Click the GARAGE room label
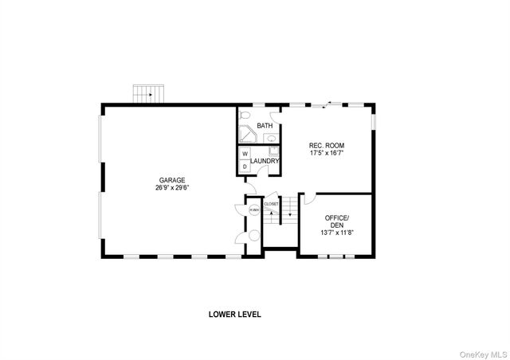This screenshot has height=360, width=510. [171, 180]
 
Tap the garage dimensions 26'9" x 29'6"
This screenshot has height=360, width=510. [172, 188]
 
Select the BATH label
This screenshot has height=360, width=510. [265, 126]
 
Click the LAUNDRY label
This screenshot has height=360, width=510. [265, 162]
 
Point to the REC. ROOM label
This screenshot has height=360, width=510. [327, 145]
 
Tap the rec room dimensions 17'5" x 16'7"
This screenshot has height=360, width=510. [327, 153]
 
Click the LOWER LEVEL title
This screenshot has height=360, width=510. [235, 314]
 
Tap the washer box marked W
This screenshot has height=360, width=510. [245, 153]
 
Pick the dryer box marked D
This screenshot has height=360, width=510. [245, 166]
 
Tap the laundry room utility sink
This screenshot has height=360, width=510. [273, 149]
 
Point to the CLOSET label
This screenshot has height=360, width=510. [272, 204]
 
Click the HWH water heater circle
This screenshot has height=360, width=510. [254, 211]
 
